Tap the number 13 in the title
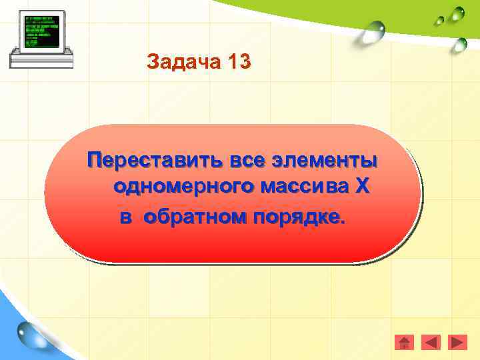click(x=239, y=63)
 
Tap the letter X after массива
click(x=361, y=187)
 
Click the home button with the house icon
click(x=404, y=343)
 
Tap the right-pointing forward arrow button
click(x=457, y=343)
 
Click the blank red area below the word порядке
click(x=233, y=243)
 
